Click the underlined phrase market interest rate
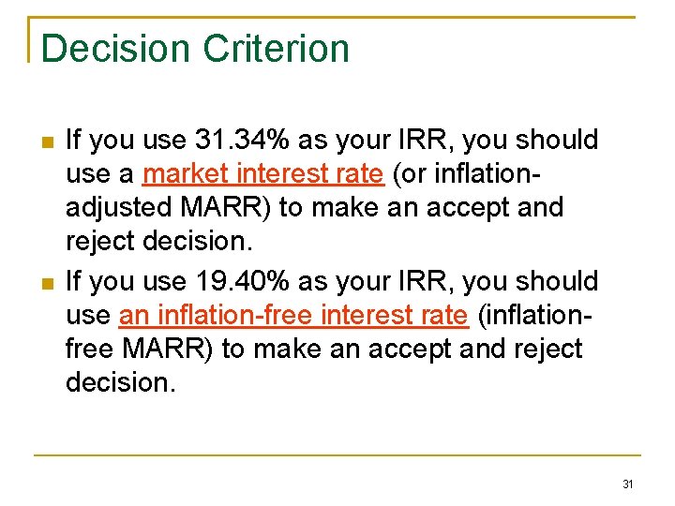[x=263, y=174]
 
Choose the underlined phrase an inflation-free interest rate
[x=293, y=316]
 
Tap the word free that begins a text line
[x=87, y=350]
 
